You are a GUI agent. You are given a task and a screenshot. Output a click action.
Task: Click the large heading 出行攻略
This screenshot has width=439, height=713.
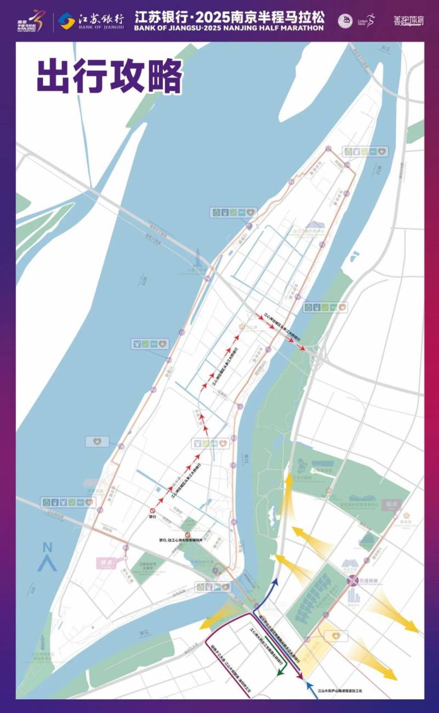[110, 76]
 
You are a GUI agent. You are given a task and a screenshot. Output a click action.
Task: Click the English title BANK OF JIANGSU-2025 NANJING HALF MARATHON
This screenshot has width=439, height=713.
[229, 27]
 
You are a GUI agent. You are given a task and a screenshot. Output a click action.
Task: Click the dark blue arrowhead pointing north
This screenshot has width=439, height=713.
[276, 581]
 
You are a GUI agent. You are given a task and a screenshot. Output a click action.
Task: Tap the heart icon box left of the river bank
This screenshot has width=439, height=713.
[98, 441]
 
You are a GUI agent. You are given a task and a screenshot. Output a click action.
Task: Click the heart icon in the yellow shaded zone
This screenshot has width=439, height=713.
[336, 635]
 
